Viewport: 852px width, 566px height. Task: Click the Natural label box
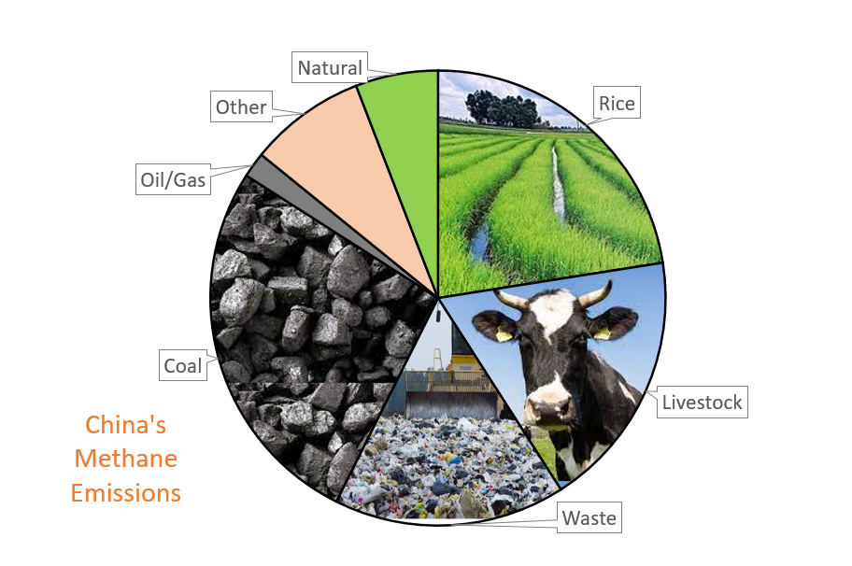click(x=329, y=67)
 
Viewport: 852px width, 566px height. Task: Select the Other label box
click(x=241, y=106)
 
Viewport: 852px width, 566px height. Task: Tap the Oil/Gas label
click(x=173, y=178)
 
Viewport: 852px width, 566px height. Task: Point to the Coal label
click(x=183, y=365)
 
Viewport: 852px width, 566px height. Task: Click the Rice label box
click(x=617, y=102)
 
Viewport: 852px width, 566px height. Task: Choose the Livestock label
click(x=702, y=402)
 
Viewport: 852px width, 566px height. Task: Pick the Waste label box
click(x=589, y=517)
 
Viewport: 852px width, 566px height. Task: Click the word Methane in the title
click(x=125, y=459)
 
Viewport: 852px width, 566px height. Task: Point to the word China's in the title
click(x=125, y=424)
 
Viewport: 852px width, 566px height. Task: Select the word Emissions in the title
click(x=125, y=492)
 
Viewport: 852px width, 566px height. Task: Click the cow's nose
click(x=548, y=404)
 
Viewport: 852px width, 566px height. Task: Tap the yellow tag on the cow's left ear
click(x=602, y=333)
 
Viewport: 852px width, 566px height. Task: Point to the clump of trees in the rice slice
click(x=502, y=107)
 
